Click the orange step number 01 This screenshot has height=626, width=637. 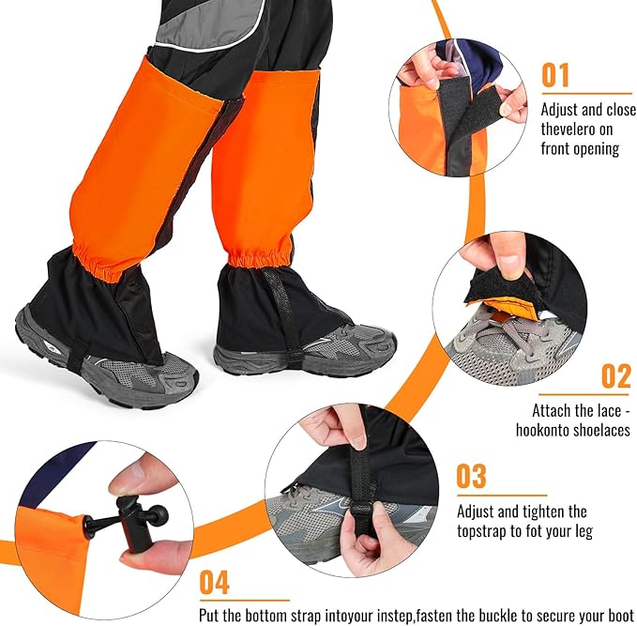coord(555,75)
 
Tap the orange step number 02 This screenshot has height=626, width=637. coord(616,376)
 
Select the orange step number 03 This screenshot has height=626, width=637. coord(471,476)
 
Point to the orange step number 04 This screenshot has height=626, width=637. coord(215,582)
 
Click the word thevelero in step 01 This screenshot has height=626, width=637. coord(569,130)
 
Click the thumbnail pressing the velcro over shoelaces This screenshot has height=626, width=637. coord(509,264)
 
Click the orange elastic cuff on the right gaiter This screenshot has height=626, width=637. coord(259,255)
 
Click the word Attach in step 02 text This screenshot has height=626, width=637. coord(551,410)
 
